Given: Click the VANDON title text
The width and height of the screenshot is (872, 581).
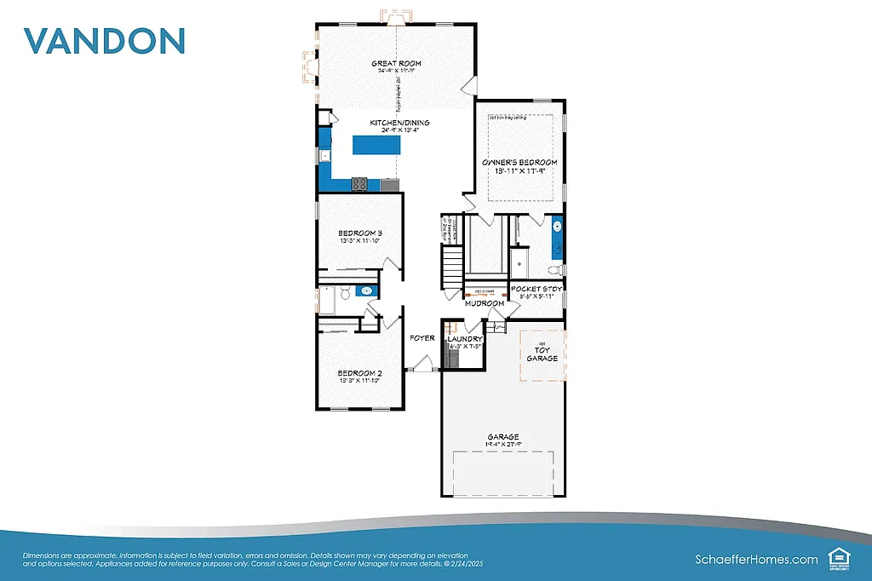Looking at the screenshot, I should [x=104, y=41].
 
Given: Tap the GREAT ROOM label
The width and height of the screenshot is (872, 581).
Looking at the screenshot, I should [x=396, y=63].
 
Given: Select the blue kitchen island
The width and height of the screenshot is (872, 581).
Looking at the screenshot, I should [x=376, y=146].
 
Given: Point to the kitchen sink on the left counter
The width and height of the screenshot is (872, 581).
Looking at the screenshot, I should [x=324, y=155].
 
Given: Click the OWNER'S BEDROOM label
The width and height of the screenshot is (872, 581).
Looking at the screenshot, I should [x=519, y=162].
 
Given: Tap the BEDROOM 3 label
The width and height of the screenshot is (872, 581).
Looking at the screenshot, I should [x=359, y=233].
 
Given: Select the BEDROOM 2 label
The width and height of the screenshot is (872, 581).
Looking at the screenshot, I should [x=359, y=373].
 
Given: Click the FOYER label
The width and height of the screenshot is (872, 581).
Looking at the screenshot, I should [x=422, y=338].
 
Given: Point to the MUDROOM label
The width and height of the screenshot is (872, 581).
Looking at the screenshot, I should [x=485, y=303].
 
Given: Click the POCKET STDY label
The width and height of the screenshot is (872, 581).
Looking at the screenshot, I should [x=536, y=290].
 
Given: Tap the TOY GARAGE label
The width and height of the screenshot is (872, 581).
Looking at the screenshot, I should [x=542, y=354].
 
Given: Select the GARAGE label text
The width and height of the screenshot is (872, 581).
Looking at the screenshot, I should [x=503, y=437].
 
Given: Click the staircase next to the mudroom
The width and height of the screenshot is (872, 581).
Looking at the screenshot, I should [x=451, y=267].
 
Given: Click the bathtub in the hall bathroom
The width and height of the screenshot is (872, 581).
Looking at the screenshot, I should [x=327, y=300].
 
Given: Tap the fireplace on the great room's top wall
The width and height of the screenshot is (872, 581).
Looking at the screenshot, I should [x=396, y=17].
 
